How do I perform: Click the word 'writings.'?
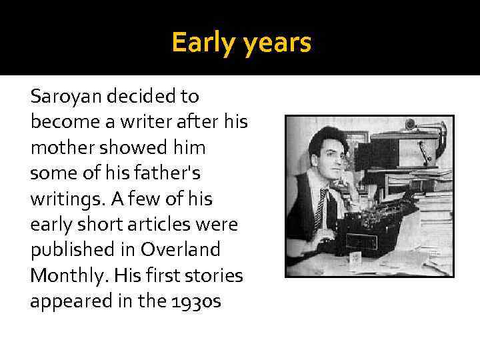(x=67, y=199)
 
